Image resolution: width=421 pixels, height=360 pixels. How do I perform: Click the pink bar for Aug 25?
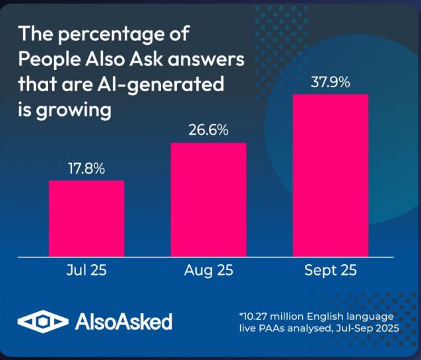pyautogui.click(x=209, y=199)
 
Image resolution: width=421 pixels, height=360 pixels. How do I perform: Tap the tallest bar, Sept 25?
pyautogui.click(x=331, y=175)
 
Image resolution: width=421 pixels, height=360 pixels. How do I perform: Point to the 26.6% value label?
pyautogui.click(x=209, y=130)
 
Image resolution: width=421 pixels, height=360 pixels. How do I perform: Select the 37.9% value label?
pyautogui.click(x=330, y=83)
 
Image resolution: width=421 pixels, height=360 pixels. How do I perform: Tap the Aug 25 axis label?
pyautogui.click(x=209, y=270)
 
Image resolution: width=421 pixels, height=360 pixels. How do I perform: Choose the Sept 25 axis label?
pyautogui.click(x=331, y=270)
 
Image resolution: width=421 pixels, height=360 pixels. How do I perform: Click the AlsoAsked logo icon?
pyautogui.click(x=42, y=322)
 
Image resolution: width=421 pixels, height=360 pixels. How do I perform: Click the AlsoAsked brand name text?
pyautogui.click(x=124, y=322)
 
